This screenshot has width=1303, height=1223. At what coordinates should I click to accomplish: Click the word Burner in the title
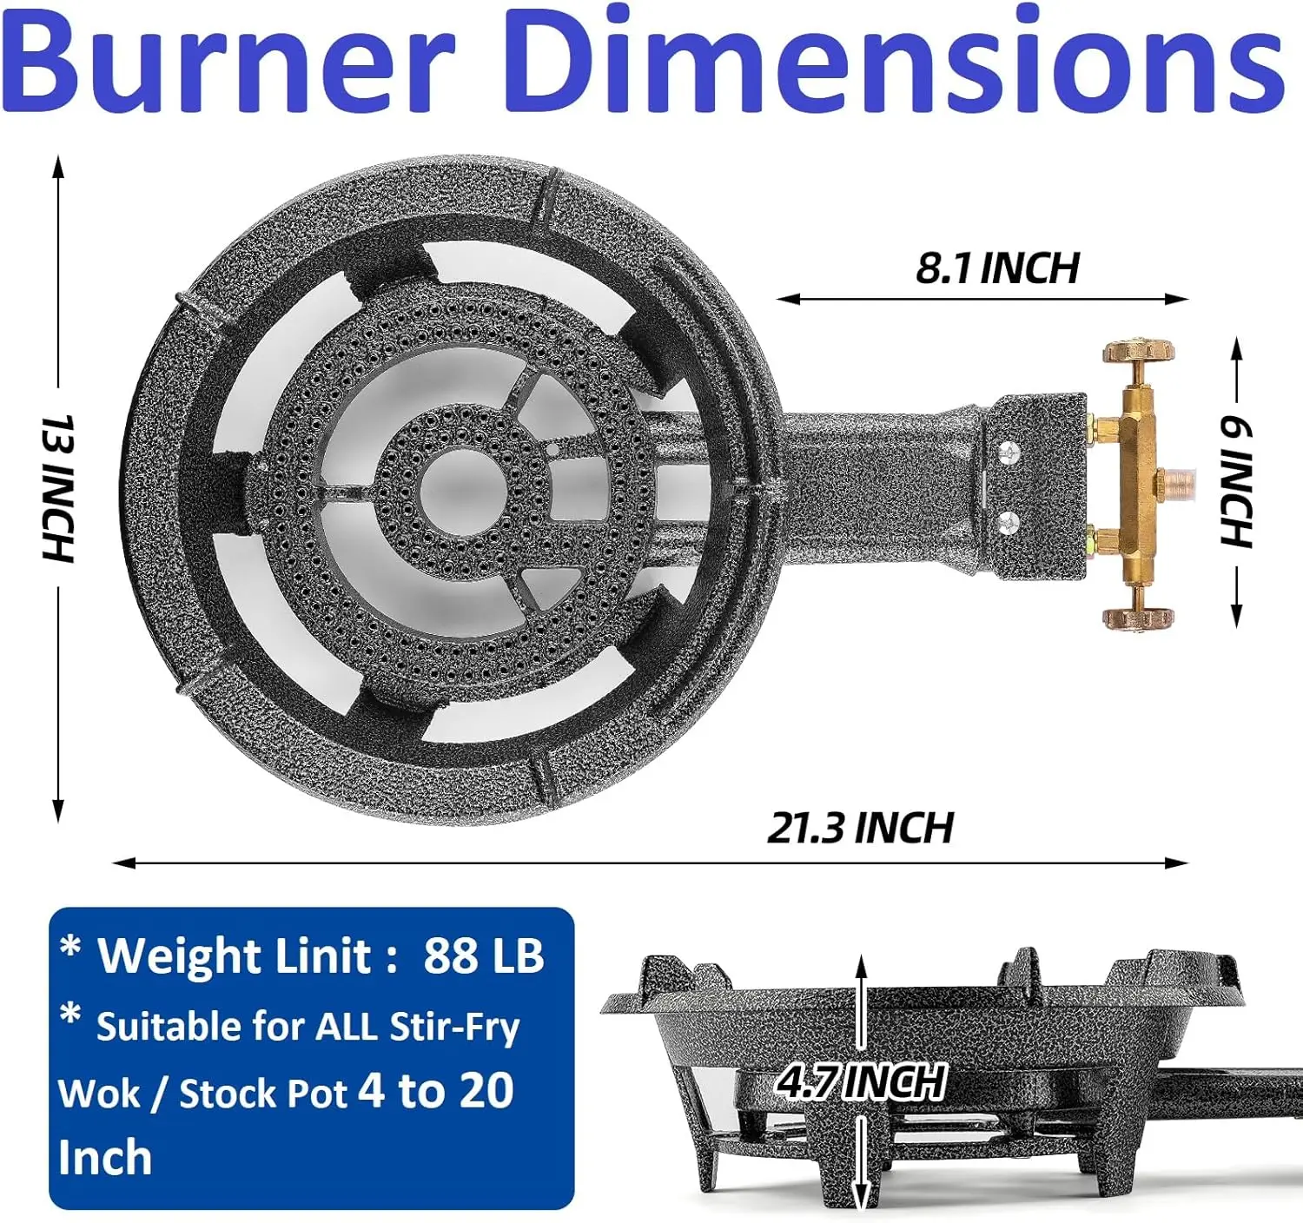(x=229, y=59)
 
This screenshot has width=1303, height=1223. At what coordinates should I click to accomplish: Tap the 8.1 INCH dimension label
(x=997, y=268)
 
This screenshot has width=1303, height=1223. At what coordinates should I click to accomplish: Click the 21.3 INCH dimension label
(x=860, y=828)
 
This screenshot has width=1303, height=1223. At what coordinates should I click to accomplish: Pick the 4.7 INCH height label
(x=860, y=1081)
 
